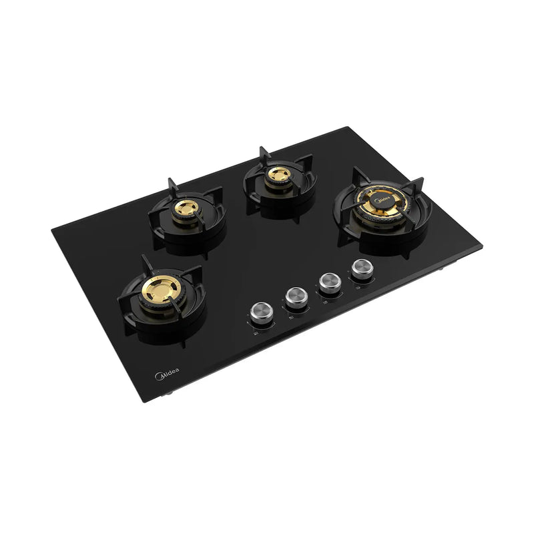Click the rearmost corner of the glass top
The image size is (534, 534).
tap(346, 127)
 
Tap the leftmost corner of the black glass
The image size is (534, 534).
tap(52, 230)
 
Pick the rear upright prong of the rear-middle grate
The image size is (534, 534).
tap(262, 153)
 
